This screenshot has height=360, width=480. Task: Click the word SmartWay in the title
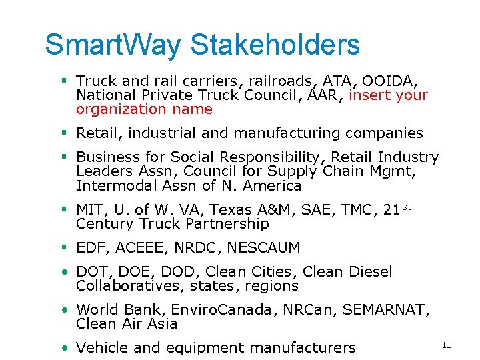[x=113, y=45]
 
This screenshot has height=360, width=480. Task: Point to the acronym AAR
[x=327, y=95]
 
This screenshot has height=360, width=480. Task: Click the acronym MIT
[x=89, y=210]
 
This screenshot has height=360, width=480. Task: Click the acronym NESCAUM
[x=263, y=248]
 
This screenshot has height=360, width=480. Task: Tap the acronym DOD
[x=182, y=272]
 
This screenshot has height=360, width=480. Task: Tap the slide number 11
[x=446, y=345]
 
